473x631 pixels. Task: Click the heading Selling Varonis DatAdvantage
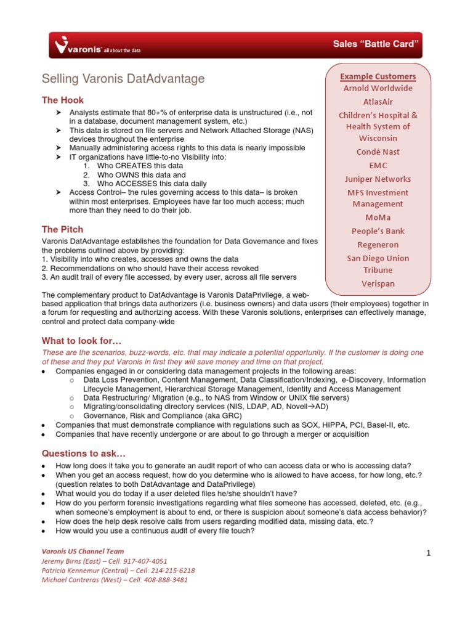pos(123,79)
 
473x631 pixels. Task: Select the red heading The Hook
pos(62,100)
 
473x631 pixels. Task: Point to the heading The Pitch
pos(62,229)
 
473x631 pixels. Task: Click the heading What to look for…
pos(82,341)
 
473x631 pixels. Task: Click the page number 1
pos(428,553)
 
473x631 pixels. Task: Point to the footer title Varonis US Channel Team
pos(83,552)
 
